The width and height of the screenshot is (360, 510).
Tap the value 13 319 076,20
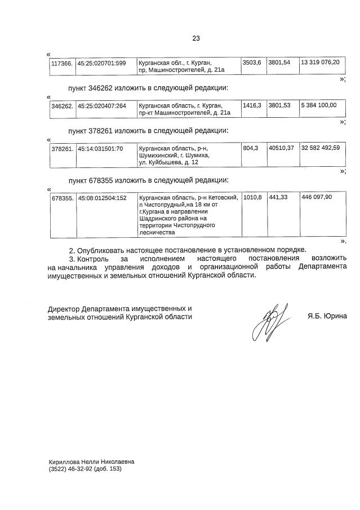tap(320, 62)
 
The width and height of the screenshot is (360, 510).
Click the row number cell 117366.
tap(62, 63)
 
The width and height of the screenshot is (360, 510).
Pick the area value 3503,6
tap(252, 62)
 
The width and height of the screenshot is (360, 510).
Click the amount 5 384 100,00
tap(319, 105)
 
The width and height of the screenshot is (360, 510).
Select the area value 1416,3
tap(252, 105)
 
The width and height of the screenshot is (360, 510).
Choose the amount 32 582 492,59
tap(320, 149)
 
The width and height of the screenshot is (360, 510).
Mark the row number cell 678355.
tap(62, 198)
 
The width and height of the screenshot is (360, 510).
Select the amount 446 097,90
tap(317, 198)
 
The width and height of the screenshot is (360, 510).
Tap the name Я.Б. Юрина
tap(327, 317)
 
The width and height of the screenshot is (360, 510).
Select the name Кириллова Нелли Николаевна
tap(91, 460)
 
